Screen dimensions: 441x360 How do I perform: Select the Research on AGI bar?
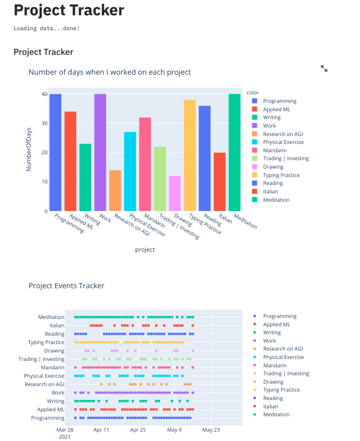point(115,190)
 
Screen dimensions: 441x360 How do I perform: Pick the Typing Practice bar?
point(190,155)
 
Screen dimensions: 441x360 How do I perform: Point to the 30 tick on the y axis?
point(45,123)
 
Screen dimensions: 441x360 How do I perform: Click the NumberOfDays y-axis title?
point(29,149)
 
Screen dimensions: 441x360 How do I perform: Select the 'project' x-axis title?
point(145,250)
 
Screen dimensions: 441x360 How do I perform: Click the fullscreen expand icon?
point(324,68)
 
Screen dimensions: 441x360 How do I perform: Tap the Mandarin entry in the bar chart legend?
point(273,150)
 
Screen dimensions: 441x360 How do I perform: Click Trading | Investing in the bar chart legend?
point(285,159)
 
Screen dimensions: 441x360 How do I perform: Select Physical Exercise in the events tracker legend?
point(283,357)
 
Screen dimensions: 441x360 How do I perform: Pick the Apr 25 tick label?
point(138,430)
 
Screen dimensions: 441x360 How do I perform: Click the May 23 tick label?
point(211,430)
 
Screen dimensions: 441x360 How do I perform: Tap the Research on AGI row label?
point(45,384)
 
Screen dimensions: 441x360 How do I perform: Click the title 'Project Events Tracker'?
point(66,286)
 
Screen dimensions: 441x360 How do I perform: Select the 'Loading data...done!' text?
point(46,28)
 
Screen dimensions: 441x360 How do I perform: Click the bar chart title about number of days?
point(109,72)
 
